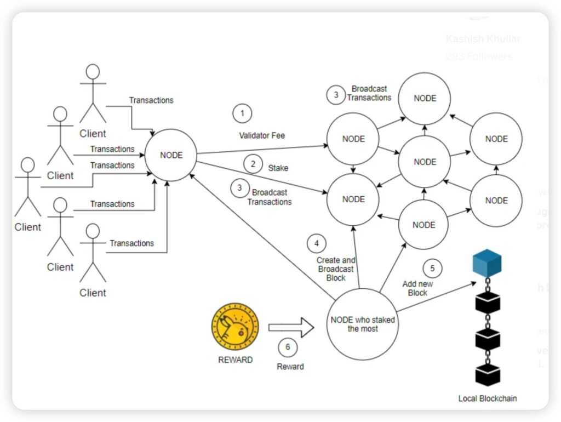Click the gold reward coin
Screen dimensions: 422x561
coord(234,328)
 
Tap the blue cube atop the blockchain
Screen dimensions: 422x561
coord(487,263)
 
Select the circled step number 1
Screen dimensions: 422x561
coord(242,114)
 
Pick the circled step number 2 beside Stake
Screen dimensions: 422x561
coord(253,163)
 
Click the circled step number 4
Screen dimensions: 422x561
coord(316,243)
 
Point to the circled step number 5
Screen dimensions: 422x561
coord(432,268)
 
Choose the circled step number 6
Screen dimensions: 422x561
coord(288,347)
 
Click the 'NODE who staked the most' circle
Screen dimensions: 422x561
coord(362,324)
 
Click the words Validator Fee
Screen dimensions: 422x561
coord(262,135)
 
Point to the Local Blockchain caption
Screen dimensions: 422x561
coord(487,398)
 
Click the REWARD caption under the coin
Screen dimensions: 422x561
coord(235,360)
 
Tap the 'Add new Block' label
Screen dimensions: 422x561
coord(418,288)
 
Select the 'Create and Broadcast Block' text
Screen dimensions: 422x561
coord(335,269)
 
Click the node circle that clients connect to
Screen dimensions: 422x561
coord(171,155)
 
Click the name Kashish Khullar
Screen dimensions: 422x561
coord(483,39)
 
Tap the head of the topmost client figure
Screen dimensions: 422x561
coord(93,72)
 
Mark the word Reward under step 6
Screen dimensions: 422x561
coord(290,366)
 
